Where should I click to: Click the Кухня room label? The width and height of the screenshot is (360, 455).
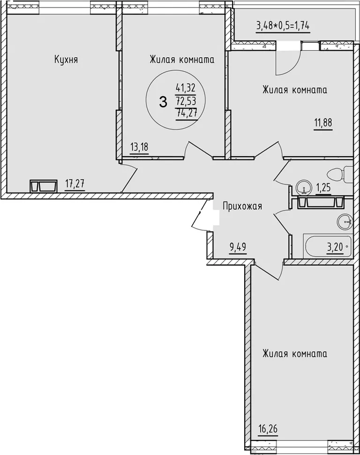66,60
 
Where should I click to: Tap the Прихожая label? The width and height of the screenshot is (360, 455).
242,206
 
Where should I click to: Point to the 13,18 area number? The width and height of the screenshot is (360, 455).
139,147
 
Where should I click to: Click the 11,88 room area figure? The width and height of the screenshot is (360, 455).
323,123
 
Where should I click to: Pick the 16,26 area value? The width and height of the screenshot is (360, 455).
268,429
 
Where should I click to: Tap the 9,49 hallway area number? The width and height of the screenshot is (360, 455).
238,247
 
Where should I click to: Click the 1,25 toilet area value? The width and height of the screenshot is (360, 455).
323,188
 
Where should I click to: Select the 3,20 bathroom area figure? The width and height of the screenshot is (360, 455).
335,248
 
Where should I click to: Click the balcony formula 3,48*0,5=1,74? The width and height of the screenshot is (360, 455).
283,26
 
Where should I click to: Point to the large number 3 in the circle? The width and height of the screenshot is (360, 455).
163,102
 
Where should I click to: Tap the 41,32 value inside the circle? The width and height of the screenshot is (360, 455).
186,87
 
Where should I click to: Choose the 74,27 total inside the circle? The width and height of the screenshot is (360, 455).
187,112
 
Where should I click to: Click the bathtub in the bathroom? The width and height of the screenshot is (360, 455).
328,246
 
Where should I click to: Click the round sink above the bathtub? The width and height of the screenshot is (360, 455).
345,222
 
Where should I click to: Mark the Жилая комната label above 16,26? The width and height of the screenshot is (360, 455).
295,354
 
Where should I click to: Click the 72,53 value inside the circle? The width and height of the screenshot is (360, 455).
186,100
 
